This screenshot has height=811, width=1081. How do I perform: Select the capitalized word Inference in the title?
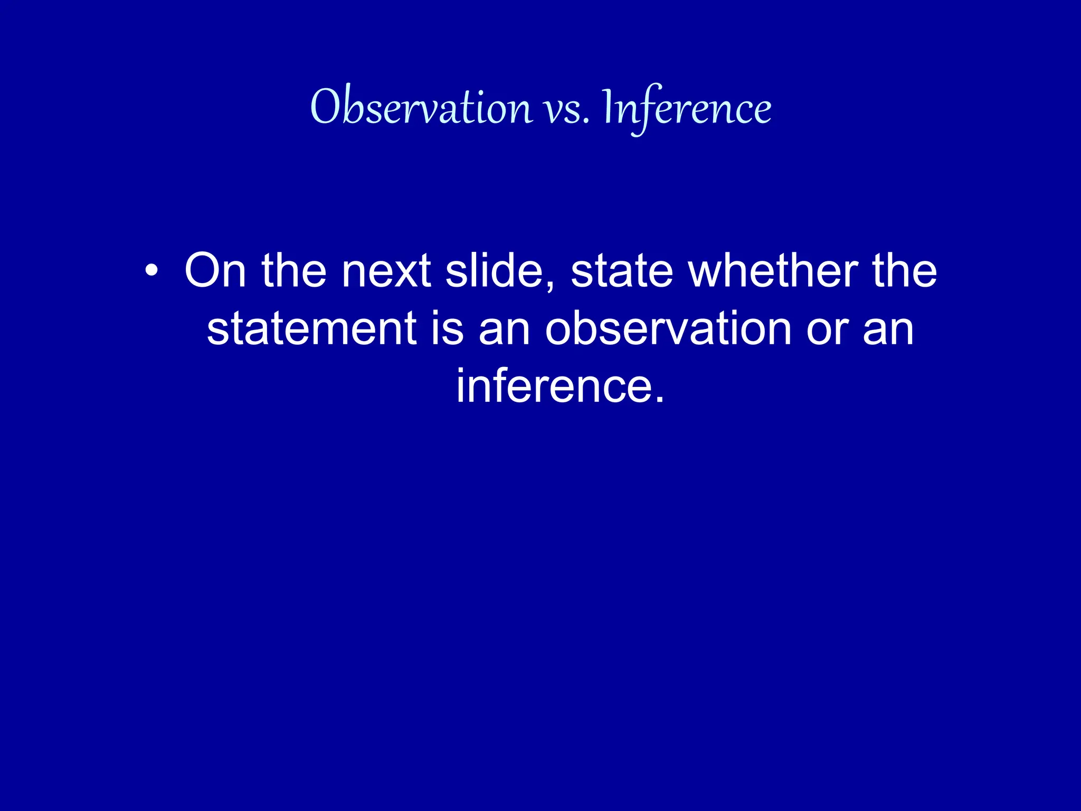tap(686, 108)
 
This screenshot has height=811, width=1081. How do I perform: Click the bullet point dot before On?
tap(151, 271)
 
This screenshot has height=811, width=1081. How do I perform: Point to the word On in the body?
tap(215, 270)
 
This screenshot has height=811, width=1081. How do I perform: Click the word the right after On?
tap(294, 270)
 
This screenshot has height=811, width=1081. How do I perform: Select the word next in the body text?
tap(386, 270)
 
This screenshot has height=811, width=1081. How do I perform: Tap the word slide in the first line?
tap(494, 270)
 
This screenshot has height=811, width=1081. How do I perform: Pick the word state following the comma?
tap(622, 270)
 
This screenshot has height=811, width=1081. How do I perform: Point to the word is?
tap(448, 328)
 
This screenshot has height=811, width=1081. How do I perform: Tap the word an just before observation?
tap(504, 328)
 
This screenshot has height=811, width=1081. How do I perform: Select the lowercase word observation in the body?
tap(668, 328)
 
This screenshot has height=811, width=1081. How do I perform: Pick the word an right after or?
tap(888, 328)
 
